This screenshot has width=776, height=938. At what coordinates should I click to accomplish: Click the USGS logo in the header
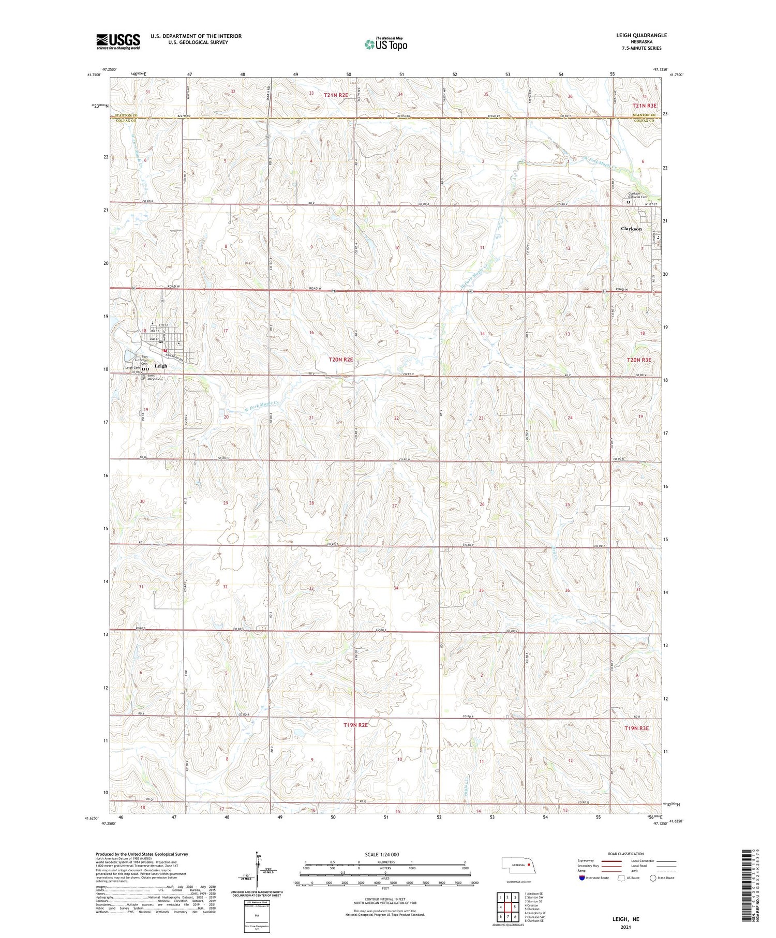tap(118, 41)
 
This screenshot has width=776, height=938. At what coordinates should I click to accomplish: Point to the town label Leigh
tap(161, 366)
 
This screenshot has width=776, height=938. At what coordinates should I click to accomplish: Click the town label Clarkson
tap(631, 229)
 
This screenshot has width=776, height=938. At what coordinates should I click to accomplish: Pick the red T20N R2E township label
tap(341, 359)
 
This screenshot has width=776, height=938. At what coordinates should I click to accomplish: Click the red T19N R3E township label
tap(636, 728)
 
